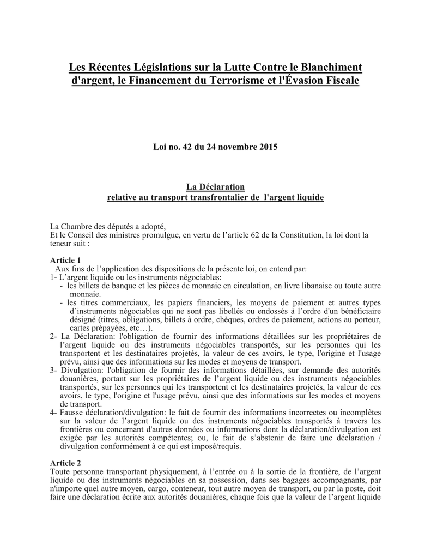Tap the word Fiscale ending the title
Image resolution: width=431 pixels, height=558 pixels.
point(339,81)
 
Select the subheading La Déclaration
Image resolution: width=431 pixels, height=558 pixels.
point(215,187)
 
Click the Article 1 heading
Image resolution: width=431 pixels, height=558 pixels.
point(65,260)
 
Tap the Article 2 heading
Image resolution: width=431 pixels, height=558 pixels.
point(65,463)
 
